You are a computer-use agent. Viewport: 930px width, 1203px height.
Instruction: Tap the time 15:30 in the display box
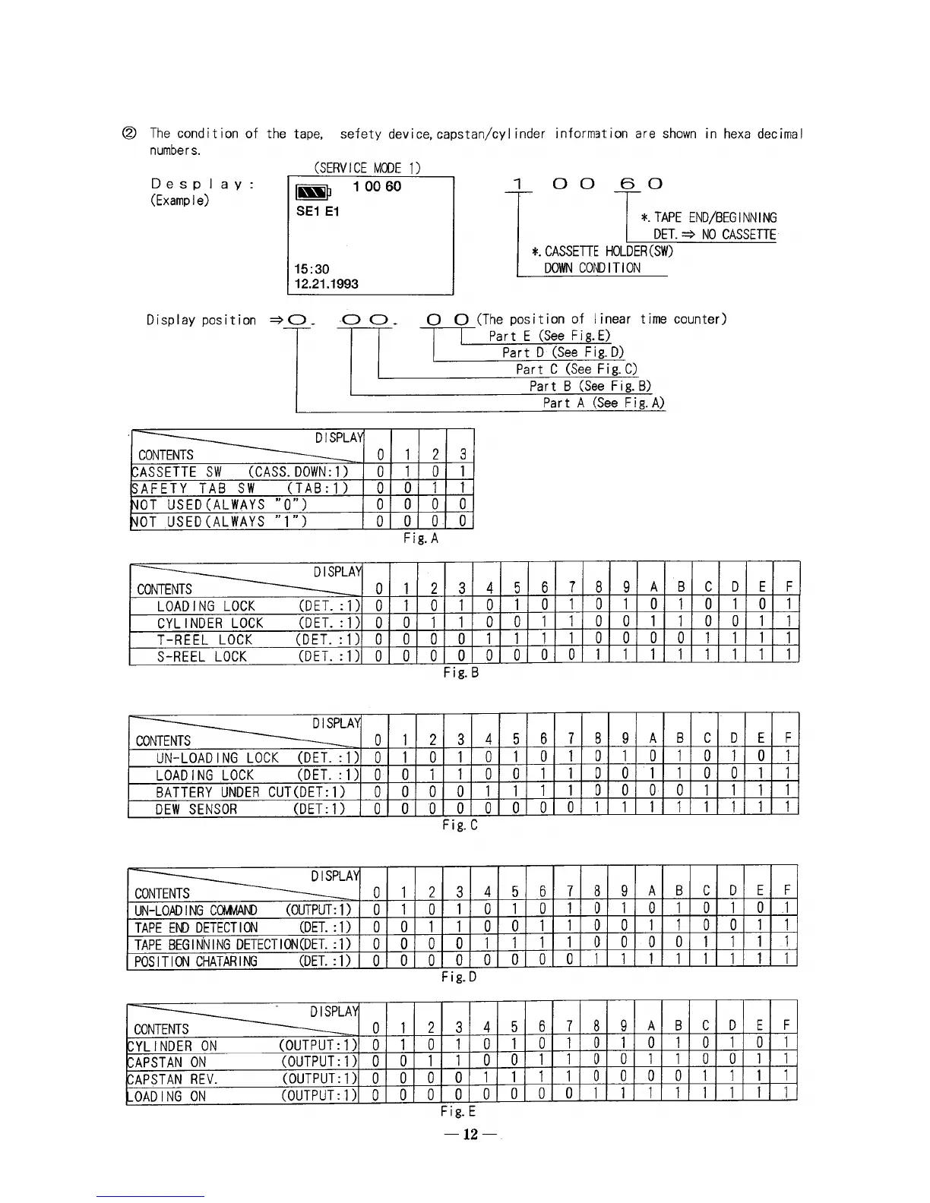coord(312,269)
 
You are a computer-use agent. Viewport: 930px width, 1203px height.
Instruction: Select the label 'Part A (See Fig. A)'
coord(603,403)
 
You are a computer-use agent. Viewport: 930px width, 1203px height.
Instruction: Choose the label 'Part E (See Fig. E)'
coord(549,336)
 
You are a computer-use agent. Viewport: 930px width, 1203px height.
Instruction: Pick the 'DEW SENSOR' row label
coord(196,809)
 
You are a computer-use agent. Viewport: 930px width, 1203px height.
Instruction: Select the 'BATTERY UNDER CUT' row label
coord(211,792)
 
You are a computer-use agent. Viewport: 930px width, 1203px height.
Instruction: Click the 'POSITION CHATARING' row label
coord(196,961)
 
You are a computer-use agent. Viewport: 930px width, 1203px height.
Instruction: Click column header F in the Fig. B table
coord(789,588)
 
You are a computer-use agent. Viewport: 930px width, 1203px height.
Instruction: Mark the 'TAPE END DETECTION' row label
coord(196,927)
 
